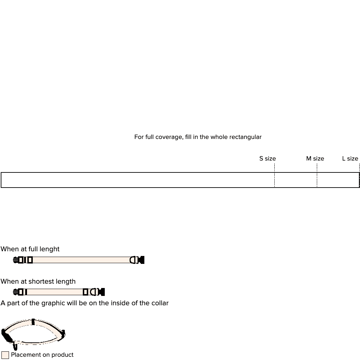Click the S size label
(x=267, y=159)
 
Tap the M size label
(x=315, y=159)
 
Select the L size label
(x=350, y=159)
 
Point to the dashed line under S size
(x=274, y=175)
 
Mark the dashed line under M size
(x=317, y=175)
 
